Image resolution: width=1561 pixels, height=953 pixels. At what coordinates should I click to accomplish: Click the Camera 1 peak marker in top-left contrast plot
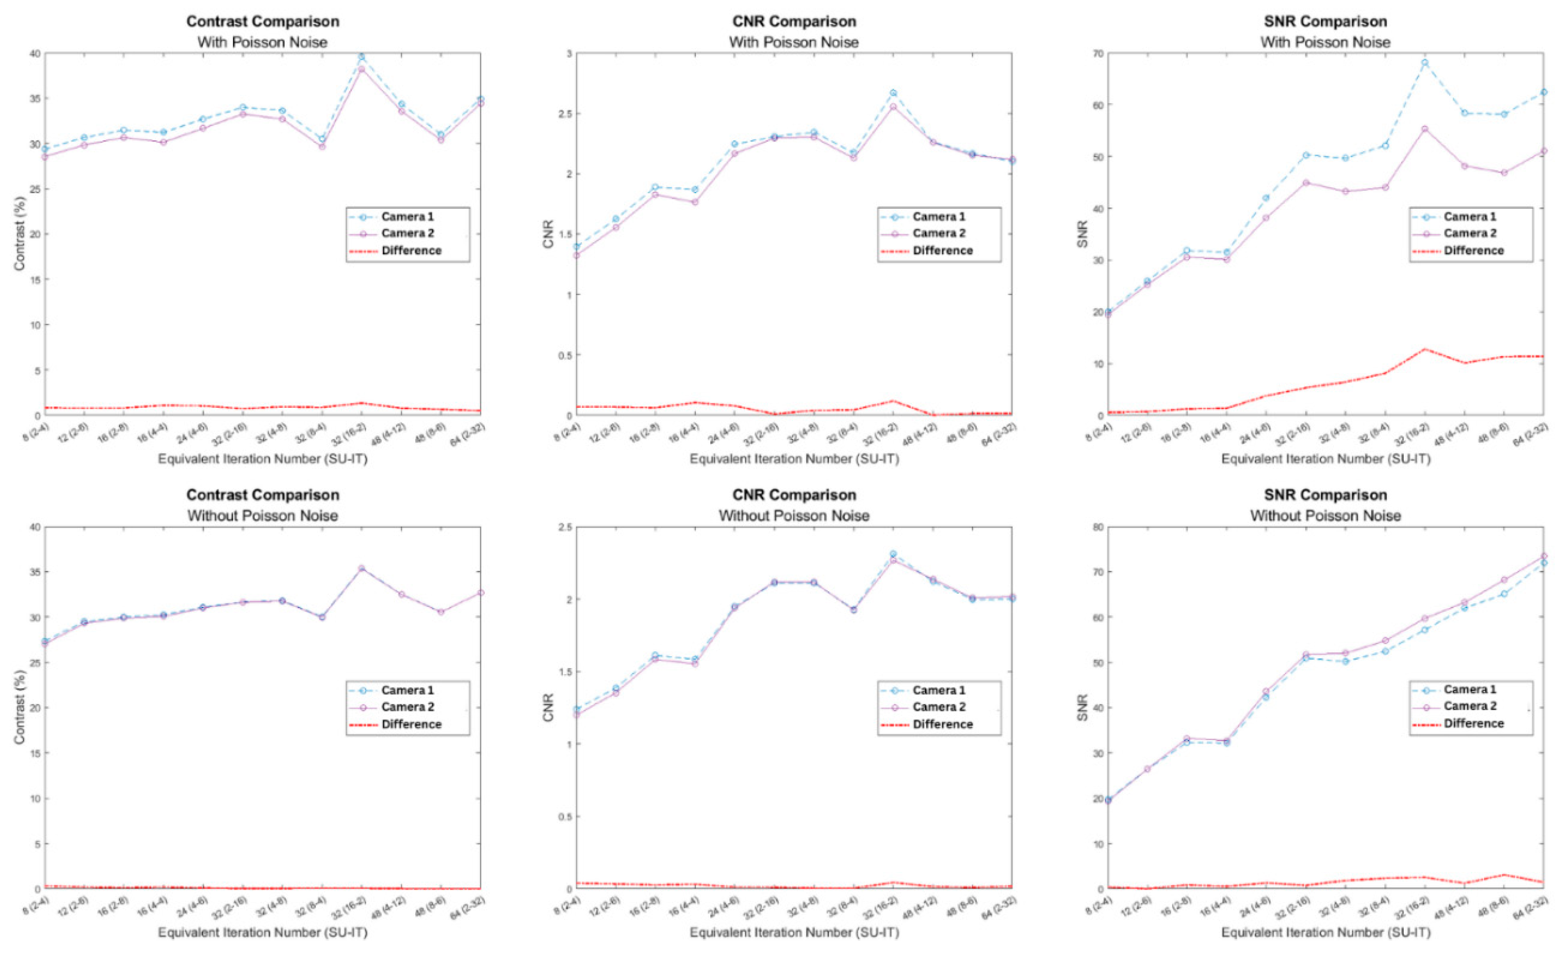[x=361, y=56]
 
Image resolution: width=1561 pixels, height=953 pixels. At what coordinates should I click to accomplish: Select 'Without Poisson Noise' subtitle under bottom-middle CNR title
[x=794, y=516]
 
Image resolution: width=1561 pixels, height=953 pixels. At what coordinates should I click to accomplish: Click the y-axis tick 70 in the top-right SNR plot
[x=1093, y=53]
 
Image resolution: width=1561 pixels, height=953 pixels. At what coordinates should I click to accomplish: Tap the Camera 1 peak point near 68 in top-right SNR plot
[x=1424, y=63]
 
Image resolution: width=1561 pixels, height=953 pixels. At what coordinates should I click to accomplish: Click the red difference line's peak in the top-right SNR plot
[x=1424, y=349]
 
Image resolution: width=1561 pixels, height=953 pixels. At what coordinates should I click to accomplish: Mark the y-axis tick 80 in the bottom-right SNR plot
[x=1093, y=527]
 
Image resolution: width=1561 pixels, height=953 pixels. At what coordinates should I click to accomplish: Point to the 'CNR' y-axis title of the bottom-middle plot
[x=549, y=707]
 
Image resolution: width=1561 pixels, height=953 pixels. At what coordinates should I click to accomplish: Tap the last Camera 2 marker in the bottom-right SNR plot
[x=1543, y=556]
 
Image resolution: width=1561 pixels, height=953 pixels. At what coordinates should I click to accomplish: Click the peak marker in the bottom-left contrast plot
[x=361, y=569]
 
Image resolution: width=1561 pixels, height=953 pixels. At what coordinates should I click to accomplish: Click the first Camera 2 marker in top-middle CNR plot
[x=576, y=255]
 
